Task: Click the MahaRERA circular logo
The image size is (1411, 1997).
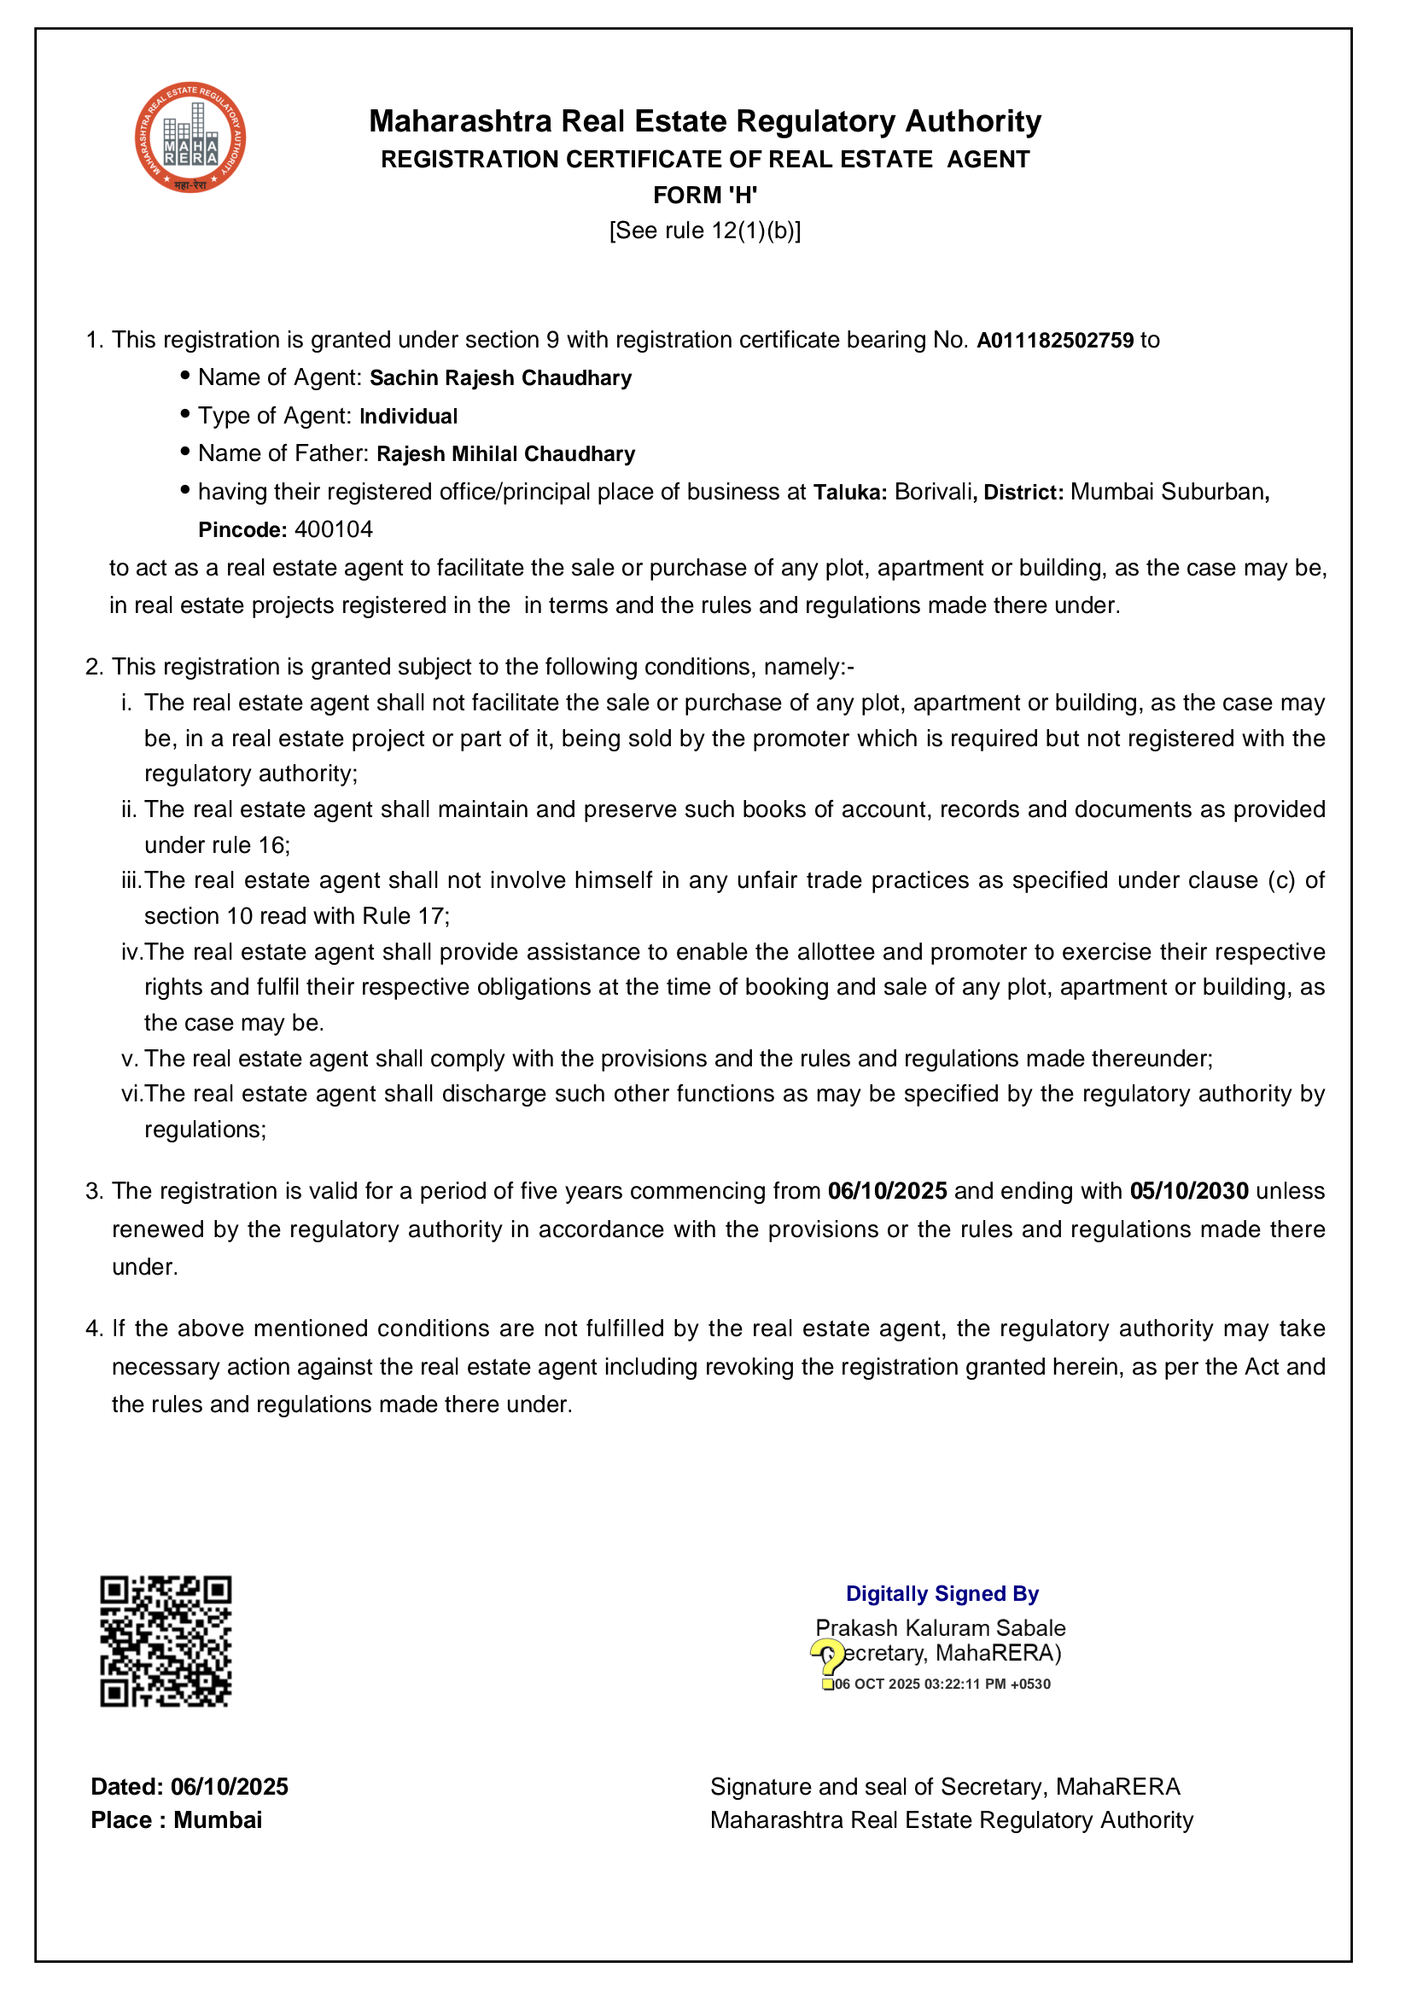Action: pos(189,137)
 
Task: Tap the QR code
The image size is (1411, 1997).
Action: pos(166,1640)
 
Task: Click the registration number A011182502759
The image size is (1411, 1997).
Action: pos(1054,340)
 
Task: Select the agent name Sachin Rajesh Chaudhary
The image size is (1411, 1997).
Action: pos(501,378)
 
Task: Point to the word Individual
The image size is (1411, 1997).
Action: pos(409,417)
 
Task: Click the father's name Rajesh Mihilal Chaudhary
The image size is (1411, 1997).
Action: pos(506,454)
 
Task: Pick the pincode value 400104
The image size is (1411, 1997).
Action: pos(334,529)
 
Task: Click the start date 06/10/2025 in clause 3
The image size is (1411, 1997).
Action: pos(887,1192)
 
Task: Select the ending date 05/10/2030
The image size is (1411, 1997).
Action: pos(1188,1192)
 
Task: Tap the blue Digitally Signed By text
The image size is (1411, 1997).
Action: pos(942,1593)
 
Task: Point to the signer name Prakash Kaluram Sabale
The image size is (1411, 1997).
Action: pos(941,1628)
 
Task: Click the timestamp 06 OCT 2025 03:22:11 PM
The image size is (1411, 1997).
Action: pos(942,1685)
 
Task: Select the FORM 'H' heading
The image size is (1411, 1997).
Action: pos(705,195)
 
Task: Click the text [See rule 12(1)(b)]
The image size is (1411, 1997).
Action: pos(705,231)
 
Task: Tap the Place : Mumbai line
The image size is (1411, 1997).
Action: pos(177,1820)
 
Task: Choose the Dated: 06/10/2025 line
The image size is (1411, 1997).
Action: pos(189,1786)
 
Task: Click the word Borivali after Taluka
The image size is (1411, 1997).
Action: pos(934,493)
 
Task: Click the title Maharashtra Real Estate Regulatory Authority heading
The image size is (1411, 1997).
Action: pos(705,121)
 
